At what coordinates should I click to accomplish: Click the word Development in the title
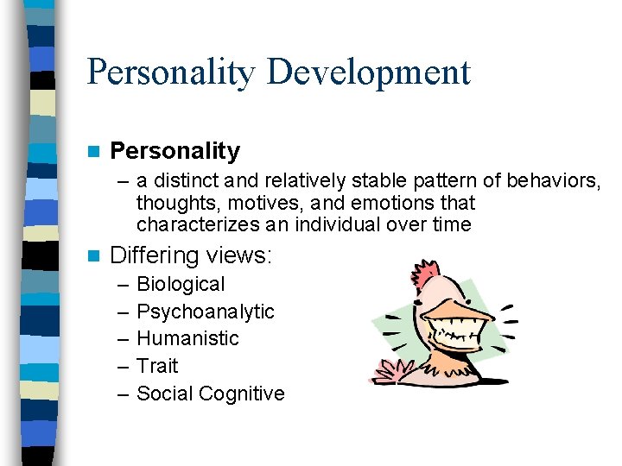(x=369, y=72)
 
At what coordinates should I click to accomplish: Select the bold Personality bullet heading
(x=175, y=151)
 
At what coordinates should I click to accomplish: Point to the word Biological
(x=181, y=284)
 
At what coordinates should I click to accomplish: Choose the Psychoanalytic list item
(x=206, y=312)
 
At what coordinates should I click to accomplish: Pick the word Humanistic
(x=187, y=338)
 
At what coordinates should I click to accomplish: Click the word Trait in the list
(x=157, y=366)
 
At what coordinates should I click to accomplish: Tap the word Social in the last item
(x=164, y=394)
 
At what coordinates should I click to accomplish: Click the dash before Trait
(x=121, y=366)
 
